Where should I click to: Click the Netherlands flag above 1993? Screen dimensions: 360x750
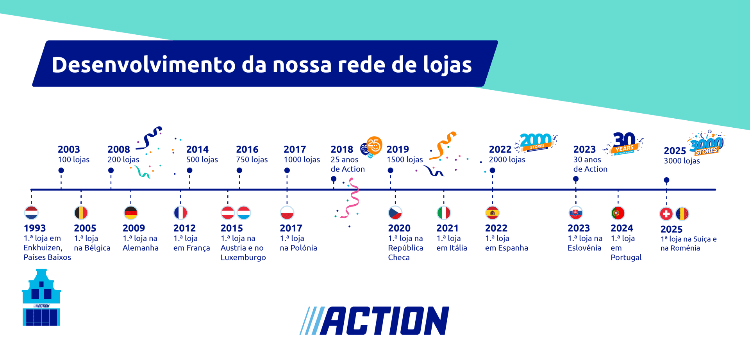(x=31, y=213)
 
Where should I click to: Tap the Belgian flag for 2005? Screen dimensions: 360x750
(x=81, y=213)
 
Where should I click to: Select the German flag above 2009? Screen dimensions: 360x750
(x=131, y=213)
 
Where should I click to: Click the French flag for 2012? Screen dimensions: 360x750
(x=180, y=213)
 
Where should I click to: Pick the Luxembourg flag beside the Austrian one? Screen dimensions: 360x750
(x=244, y=213)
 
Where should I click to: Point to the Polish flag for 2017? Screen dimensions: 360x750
(x=287, y=213)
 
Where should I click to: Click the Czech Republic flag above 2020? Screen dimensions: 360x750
(x=395, y=213)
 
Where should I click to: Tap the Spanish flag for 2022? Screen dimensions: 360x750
(x=492, y=213)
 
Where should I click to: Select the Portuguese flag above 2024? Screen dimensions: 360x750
(x=618, y=213)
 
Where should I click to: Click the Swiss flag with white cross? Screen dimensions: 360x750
(x=666, y=214)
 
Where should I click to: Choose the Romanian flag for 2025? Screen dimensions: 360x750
(x=682, y=214)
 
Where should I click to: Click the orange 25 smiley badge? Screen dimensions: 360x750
(x=374, y=145)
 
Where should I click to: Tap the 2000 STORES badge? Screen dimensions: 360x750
(x=536, y=142)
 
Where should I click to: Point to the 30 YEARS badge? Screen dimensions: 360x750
(x=624, y=143)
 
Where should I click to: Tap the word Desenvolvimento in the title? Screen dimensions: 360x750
(x=143, y=64)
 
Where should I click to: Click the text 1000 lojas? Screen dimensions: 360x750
(x=302, y=159)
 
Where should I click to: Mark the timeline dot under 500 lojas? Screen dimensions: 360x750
(x=189, y=170)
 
